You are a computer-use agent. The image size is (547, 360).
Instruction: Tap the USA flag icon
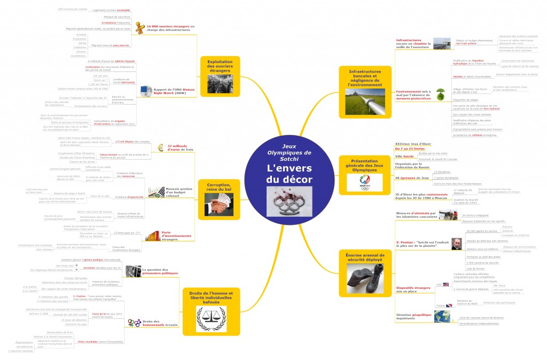(439, 285)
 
